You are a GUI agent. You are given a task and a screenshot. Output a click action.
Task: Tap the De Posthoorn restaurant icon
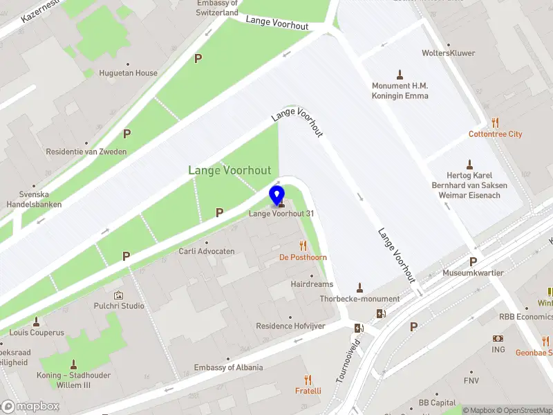tap(303, 245)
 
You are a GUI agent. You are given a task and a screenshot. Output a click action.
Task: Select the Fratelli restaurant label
tap(308, 391)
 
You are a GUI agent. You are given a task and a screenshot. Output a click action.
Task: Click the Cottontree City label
tap(495, 134)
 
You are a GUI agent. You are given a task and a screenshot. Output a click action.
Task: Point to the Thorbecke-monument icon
tap(359, 287)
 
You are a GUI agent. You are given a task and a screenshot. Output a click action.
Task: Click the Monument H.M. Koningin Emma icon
tap(400, 74)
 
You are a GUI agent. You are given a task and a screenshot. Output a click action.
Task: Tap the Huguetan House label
tap(127, 73)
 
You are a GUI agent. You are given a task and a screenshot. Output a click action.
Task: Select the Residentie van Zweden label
tap(86, 152)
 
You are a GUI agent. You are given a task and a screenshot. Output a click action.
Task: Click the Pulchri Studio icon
tap(118, 295)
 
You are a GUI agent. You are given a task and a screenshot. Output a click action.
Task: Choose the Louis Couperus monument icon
tap(36, 321)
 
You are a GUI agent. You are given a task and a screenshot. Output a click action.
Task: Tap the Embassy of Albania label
tap(228, 367)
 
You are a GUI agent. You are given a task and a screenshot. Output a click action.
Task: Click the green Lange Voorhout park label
tap(229, 170)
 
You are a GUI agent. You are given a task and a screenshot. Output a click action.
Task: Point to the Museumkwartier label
tap(473, 273)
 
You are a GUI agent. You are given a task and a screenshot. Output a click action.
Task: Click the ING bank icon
tap(498, 338)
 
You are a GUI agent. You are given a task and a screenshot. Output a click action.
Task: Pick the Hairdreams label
tap(312, 284)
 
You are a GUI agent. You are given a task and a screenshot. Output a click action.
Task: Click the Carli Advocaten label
tap(207, 252)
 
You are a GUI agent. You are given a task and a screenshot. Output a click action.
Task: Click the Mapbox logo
tap(30, 407)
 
